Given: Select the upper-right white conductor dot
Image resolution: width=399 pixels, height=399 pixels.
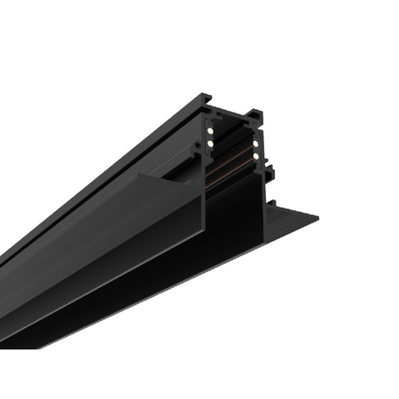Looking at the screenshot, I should [254, 141].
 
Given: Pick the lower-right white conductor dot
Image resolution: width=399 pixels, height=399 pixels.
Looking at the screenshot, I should [254, 156].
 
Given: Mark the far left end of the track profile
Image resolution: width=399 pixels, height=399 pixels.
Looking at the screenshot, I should [4, 266].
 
